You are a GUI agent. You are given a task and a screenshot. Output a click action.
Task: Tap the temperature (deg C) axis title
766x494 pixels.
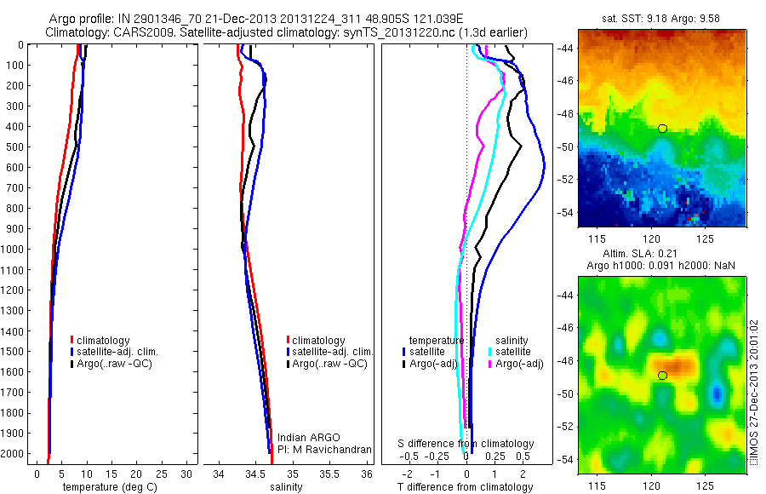click(108, 487)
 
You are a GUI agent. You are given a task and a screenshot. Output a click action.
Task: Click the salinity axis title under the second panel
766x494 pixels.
click(286, 487)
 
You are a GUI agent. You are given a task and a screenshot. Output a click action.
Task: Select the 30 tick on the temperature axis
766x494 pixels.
click(188, 473)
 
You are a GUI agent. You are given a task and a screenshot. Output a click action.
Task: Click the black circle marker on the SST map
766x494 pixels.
click(662, 128)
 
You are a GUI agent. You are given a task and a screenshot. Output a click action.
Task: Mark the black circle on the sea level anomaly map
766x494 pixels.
click(662, 375)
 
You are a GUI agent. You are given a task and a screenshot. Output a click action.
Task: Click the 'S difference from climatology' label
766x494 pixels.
click(466, 444)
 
